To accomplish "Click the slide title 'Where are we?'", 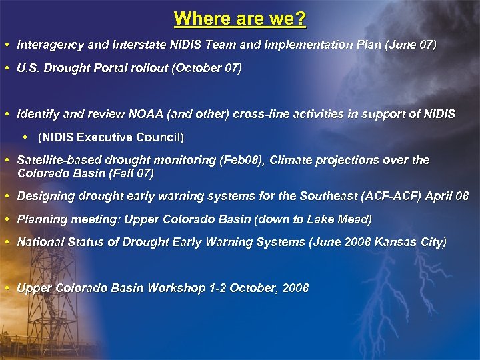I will (x=240, y=18).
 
